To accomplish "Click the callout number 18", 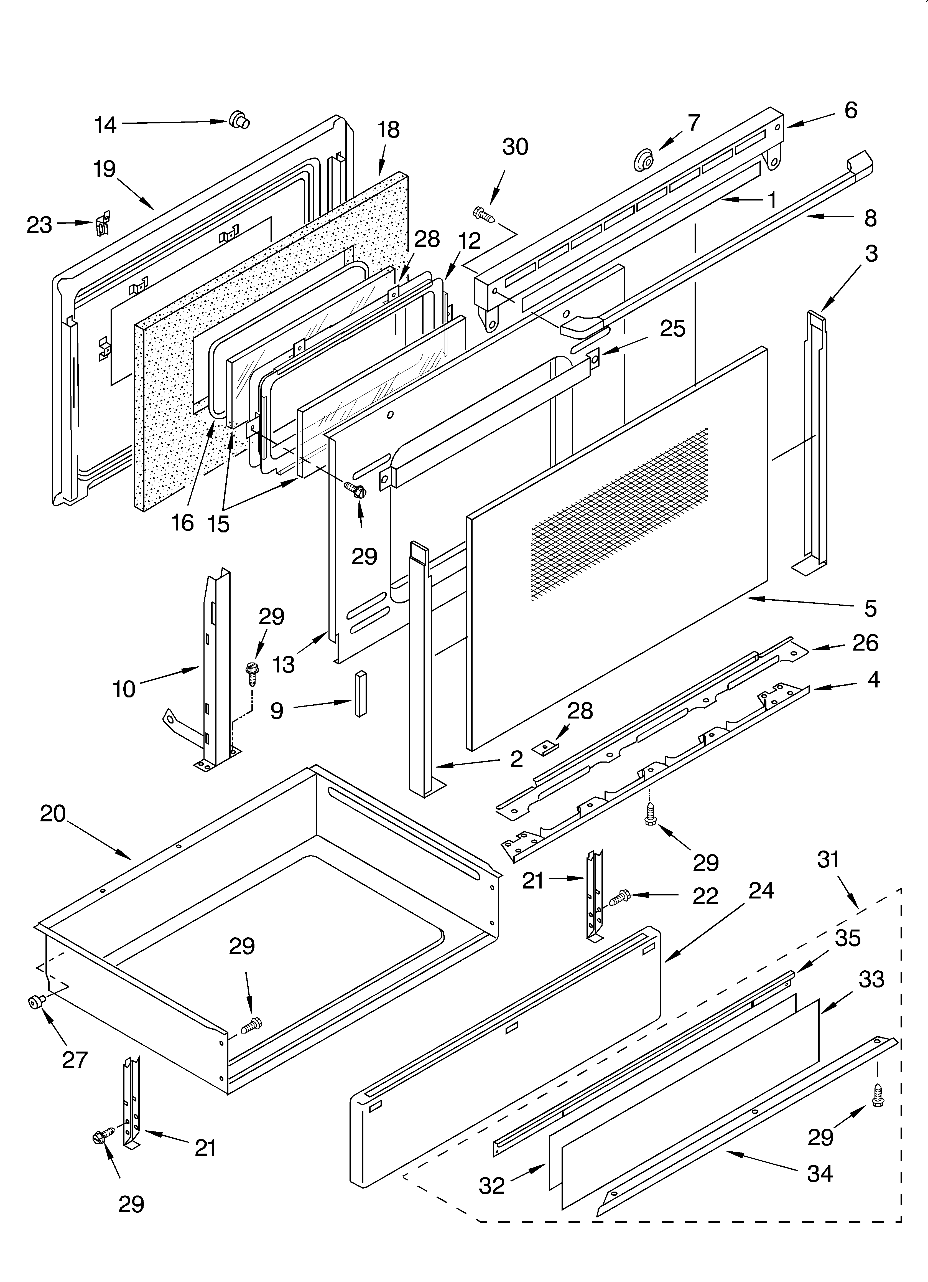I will [388, 130].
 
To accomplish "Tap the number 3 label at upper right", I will [871, 254].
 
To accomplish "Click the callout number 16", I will [183, 523].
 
